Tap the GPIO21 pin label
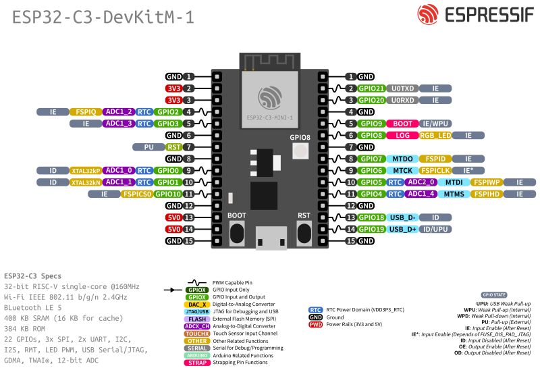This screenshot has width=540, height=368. pyautogui.click(x=371, y=88)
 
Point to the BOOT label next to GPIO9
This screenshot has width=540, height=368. pyautogui.click(x=402, y=124)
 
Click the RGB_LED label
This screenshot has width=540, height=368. pyautogui.click(x=435, y=135)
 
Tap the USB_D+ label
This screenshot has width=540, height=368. pyautogui.click(x=403, y=229)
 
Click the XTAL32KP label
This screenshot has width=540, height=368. pyautogui.click(x=85, y=170)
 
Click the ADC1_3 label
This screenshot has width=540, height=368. pyautogui.click(x=118, y=124)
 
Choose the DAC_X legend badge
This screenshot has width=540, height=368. pyautogui.click(x=196, y=305)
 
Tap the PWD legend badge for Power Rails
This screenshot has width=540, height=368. pyautogui.click(x=315, y=324)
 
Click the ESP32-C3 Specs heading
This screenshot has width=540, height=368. pyautogui.click(x=32, y=276)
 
